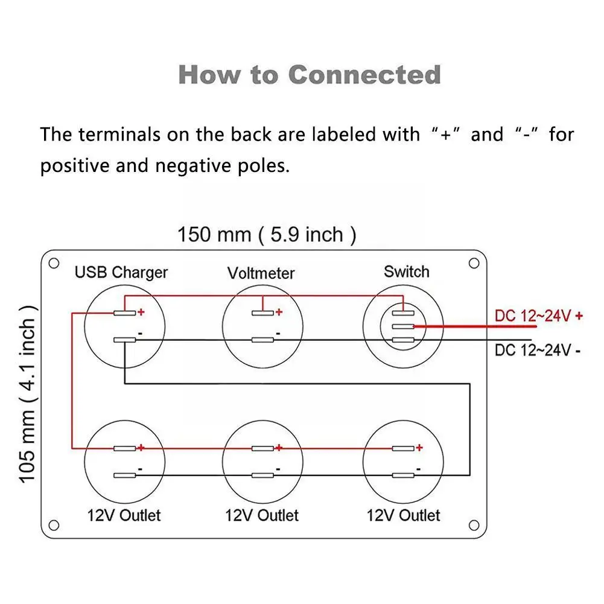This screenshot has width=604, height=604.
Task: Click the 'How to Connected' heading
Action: click(310, 75)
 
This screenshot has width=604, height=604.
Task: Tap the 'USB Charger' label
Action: click(121, 273)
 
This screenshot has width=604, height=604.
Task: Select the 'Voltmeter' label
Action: click(261, 273)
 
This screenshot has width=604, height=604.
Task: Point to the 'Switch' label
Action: click(407, 272)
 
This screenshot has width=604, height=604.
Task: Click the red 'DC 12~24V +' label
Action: click(538, 316)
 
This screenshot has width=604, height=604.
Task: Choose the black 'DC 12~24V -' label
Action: click(538, 350)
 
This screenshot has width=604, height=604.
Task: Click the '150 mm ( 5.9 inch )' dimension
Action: click(267, 234)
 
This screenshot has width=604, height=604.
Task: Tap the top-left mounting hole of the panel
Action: click(54, 264)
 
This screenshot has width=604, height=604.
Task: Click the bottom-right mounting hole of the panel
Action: click(474, 525)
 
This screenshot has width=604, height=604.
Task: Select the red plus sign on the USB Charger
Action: click(141, 311)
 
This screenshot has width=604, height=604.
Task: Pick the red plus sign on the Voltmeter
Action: click(279, 311)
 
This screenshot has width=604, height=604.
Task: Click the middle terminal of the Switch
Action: click(403, 326)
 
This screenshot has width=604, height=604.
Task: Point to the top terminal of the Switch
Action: click(403, 313)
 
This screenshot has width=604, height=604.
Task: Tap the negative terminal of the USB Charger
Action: click(124, 340)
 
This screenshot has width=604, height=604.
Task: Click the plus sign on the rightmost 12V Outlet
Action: click(419, 447)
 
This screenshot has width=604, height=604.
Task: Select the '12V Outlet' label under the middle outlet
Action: click(261, 515)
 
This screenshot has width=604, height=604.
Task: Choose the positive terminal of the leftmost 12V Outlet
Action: click(124, 448)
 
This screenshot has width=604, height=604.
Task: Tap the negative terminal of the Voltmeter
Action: click(262, 340)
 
